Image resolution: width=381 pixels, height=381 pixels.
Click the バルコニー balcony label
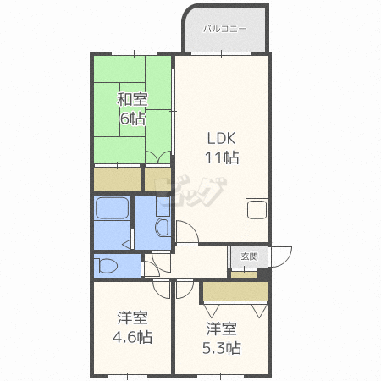224,29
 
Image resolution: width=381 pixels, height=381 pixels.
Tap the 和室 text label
132,99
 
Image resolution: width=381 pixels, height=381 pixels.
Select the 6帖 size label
133,119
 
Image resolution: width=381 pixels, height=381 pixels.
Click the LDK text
222,138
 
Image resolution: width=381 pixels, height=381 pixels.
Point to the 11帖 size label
222,157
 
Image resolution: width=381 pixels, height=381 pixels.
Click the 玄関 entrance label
249,257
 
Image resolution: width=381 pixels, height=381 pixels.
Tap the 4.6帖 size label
132,337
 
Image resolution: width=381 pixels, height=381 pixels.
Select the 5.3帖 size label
222,348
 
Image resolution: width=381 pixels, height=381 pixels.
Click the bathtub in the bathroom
112,208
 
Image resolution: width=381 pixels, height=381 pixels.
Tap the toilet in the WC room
106,266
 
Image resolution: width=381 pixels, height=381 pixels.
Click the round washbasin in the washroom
163,227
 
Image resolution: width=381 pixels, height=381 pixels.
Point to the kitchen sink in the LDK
257,210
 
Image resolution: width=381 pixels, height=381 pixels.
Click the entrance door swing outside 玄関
281,257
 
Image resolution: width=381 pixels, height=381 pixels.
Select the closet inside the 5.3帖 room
235,291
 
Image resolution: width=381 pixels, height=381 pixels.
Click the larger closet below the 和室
117,179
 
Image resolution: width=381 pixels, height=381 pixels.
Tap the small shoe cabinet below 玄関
245,274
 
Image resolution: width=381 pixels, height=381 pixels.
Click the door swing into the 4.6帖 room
162,289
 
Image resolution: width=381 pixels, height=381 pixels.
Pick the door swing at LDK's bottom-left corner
187,232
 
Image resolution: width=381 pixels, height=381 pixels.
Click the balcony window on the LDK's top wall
221,53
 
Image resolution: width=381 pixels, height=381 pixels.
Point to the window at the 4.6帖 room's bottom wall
128,376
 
